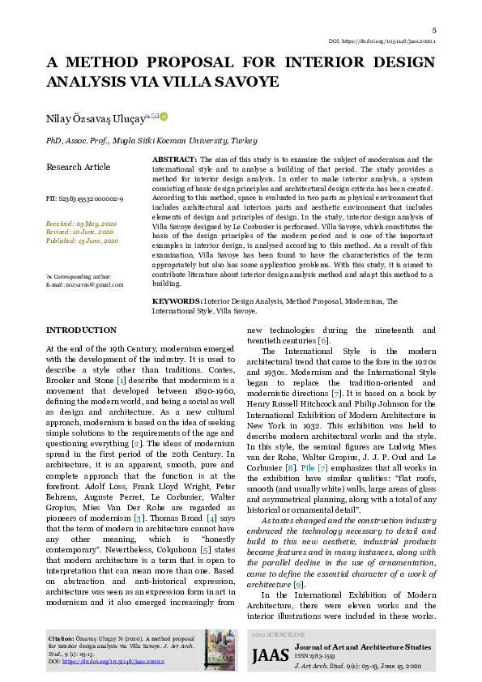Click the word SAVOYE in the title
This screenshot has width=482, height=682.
pos(248,82)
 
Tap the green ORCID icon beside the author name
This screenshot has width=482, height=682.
pos(164,117)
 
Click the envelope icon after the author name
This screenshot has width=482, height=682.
pos(155,117)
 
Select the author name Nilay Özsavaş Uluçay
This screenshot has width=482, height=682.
pos(95,119)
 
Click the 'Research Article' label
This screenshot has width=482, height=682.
pos(78,167)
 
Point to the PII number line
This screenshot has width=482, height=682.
pos(84,198)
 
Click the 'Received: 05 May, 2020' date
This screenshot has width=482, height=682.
pos(81,223)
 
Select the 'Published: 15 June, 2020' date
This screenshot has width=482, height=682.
pos(83,241)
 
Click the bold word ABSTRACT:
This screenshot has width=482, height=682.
pos(174,160)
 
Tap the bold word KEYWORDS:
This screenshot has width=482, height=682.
pos(177,301)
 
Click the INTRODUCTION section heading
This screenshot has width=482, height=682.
pos(81,330)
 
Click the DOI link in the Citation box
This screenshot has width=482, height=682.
pos(124,662)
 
